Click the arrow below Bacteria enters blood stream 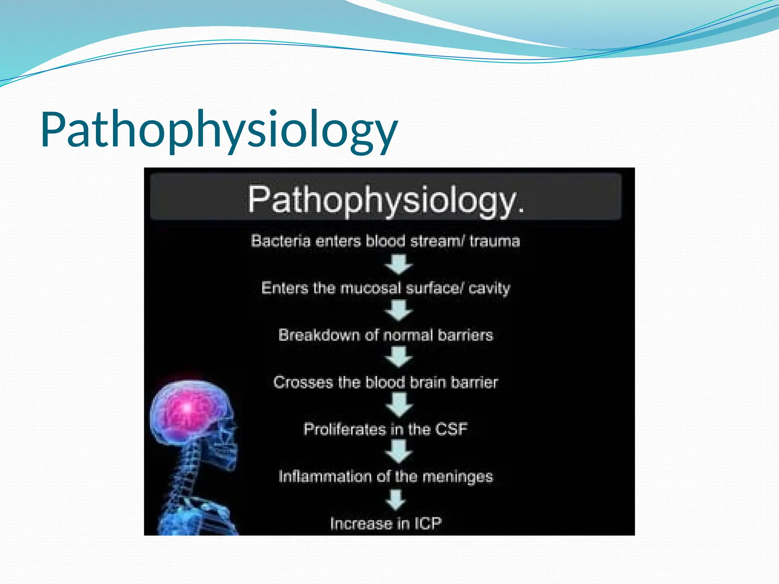[398, 264]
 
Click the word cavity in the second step [489, 288]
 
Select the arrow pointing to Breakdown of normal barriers [398, 311]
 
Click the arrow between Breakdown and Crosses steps [398, 357]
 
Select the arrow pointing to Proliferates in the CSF [398, 405]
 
